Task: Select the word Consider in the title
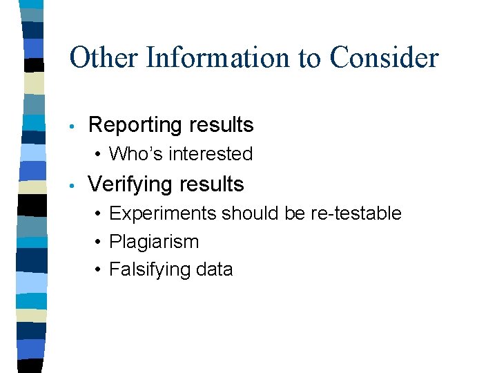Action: click(384, 57)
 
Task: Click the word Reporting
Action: click(133, 125)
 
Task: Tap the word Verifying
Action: click(130, 184)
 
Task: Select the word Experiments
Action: click(162, 213)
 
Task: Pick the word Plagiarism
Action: click(154, 242)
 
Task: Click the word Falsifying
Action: click(146, 269)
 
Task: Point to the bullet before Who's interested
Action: click(99, 154)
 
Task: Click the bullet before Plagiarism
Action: click(99, 242)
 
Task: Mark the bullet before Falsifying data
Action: click(99, 270)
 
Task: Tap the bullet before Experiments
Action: click(99, 214)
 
